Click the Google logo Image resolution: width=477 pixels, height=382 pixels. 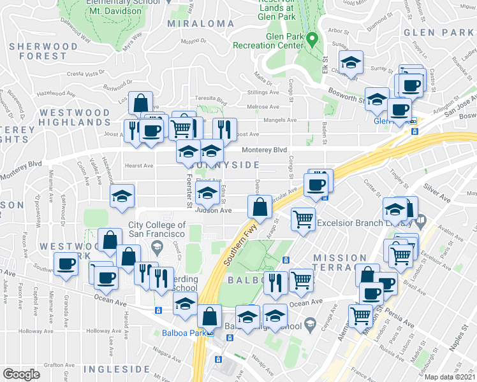click(21, 374)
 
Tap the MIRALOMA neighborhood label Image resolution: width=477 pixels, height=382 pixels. click(200, 24)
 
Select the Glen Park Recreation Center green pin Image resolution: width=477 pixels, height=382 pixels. click(312, 40)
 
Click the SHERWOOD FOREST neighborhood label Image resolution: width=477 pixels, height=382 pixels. click(39, 51)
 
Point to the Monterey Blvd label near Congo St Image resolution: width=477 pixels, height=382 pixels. click(263, 150)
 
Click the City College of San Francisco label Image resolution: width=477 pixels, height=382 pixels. click(157, 229)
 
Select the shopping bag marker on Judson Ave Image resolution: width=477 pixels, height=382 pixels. click(260, 207)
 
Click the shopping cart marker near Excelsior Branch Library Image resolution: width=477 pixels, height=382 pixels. click(304, 219)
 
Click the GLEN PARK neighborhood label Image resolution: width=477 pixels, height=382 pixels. click(440, 32)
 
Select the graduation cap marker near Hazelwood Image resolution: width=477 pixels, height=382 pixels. click(122, 196)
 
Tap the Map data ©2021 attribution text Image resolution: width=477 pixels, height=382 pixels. click(450, 377)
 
